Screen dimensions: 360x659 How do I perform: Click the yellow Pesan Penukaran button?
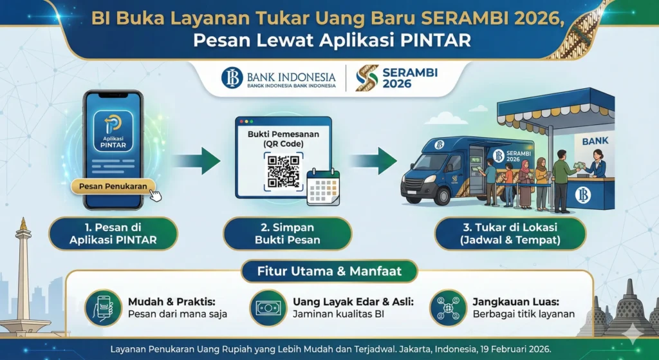pyautogui.click(x=113, y=187)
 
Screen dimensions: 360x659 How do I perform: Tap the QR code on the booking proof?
pyautogui.click(x=283, y=171)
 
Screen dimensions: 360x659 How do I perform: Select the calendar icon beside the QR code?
pyautogui.click(x=323, y=187)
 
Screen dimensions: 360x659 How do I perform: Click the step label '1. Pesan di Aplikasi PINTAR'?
pyautogui.click(x=113, y=233)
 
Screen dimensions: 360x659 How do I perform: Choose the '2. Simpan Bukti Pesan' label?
pyautogui.click(x=288, y=233)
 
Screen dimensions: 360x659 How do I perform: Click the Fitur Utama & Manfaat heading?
pyautogui.click(x=329, y=271)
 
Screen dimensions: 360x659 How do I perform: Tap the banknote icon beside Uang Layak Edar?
pyautogui.click(x=267, y=307)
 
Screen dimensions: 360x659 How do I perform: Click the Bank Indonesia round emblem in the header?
pyautogui.click(x=232, y=79)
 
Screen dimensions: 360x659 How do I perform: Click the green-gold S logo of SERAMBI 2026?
pyautogui.click(x=367, y=79)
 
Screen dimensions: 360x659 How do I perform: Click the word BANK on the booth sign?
pyautogui.click(x=594, y=140)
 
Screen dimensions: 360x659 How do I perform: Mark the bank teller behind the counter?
pyautogui.click(x=597, y=164)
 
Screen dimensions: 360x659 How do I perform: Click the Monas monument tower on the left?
pyautogui.click(x=24, y=270)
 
